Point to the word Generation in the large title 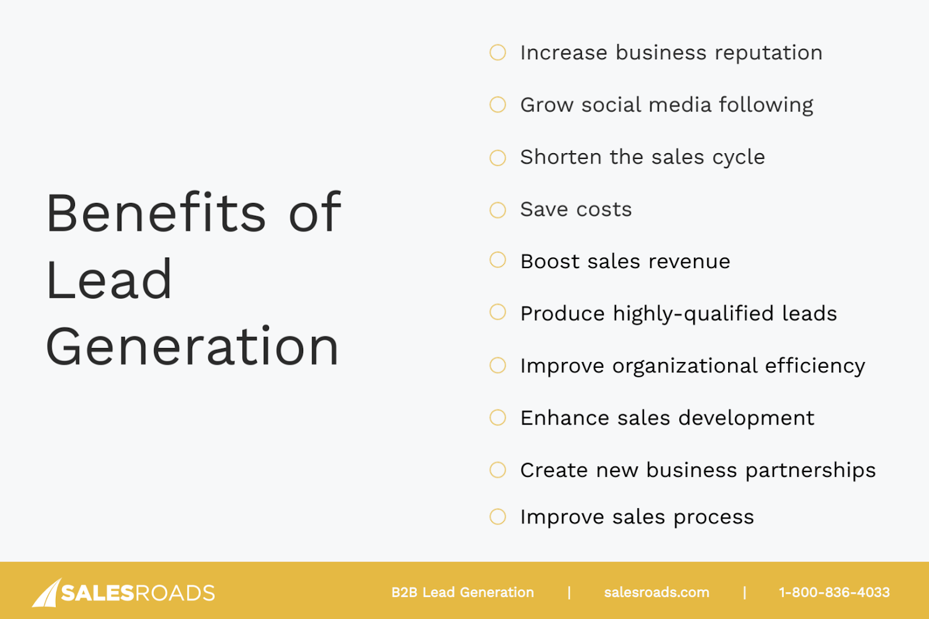(x=192, y=346)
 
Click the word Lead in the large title (x=109, y=278)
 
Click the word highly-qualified (x=693, y=314)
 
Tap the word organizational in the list (x=685, y=367)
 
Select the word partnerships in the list (x=811, y=471)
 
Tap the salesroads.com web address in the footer (x=657, y=592)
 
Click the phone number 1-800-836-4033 (x=834, y=592)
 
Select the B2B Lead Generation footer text (x=462, y=592)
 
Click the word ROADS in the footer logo (x=175, y=593)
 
